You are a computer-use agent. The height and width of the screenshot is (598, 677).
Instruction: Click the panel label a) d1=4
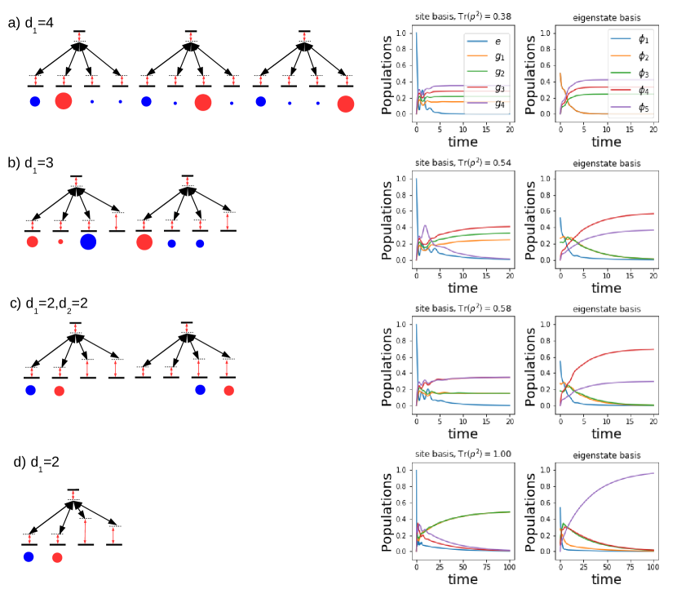(x=30, y=23)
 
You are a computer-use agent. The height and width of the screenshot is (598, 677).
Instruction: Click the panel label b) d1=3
(x=30, y=162)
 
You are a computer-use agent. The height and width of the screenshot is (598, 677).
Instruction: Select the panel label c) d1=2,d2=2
(x=49, y=303)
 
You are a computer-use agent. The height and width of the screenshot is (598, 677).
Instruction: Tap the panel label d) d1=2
(x=37, y=462)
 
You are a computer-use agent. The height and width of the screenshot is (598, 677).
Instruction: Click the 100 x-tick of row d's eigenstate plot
(x=653, y=565)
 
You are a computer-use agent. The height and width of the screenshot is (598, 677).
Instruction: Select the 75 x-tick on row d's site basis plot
(x=485, y=565)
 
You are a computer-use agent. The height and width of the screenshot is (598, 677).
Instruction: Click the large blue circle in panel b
(x=88, y=241)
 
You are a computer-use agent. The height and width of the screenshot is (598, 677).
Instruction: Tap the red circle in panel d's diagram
(x=57, y=558)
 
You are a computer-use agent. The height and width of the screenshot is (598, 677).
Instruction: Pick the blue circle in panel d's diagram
(x=29, y=557)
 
